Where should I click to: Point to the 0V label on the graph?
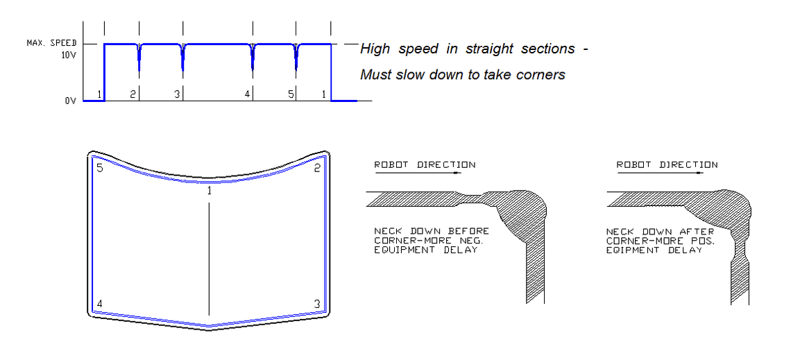[x=70, y=101]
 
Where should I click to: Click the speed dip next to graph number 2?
[x=139, y=58]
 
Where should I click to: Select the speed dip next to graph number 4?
[x=253, y=58]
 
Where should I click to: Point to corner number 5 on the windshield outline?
[x=100, y=168]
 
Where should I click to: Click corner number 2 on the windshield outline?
[x=316, y=168]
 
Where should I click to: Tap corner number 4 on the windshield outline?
[x=100, y=304]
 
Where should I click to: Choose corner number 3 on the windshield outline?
[x=316, y=304]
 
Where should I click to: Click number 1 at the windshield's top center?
[x=209, y=190]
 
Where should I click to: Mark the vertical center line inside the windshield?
[x=209, y=257]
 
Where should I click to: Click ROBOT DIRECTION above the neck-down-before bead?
[x=425, y=165]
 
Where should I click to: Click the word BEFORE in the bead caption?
[x=473, y=231]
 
